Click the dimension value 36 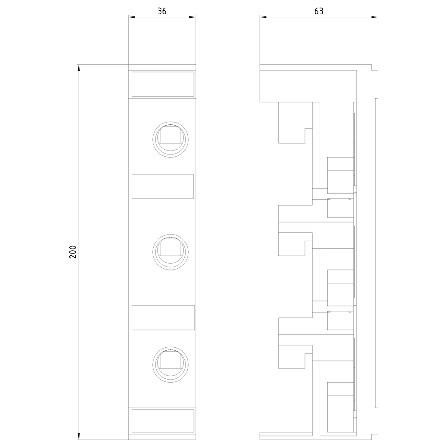(162, 12)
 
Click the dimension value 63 (319, 12)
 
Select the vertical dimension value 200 (73, 252)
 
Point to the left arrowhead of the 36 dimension (132, 17)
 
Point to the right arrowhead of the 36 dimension (193, 17)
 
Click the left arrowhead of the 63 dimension (263, 17)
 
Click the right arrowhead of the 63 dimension (375, 17)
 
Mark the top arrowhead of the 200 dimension (79, 68)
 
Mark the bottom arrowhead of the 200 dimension (79, 436)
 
